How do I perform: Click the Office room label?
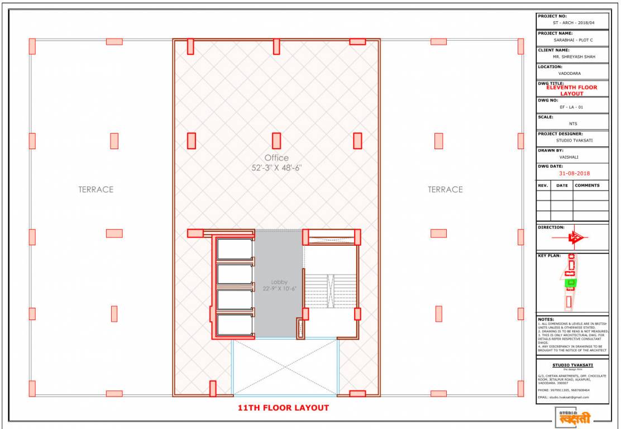(x=276, y=158)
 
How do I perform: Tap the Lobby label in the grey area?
(x=279, y=282)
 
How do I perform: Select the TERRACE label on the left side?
(x=95, y=189)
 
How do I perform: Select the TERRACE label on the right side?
(x=445, y=189)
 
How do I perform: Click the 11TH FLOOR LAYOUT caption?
(x=283, y=408)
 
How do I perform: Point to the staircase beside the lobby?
(x=330, y=290)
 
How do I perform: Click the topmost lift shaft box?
(x=235, y=249)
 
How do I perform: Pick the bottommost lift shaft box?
(x=235, y=325)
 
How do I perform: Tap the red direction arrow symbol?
(x=574, y=238)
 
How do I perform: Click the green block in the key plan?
(x=571, y=283)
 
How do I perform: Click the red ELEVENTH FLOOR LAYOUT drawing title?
(x=571, y=90)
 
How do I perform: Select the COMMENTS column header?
(x=587, y=185)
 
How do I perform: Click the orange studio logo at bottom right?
(x=572, y=417)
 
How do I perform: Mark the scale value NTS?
(x=572, y=123)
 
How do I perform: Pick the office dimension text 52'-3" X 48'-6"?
(x=276, y=168)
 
